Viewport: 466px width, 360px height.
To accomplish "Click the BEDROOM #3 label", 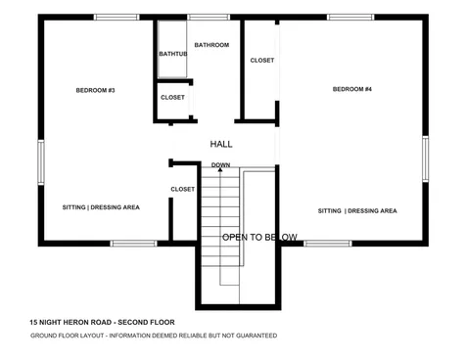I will (96, 91).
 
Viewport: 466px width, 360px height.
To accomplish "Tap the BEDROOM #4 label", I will (352, 90).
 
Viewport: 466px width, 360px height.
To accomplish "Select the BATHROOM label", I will (210, 45).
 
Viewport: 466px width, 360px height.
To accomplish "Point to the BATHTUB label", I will (172, 55).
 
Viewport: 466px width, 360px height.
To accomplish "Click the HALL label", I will (221, 144).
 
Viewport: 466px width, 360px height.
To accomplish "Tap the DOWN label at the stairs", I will (220, 164).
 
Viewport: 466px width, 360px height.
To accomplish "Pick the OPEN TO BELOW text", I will (259, 237).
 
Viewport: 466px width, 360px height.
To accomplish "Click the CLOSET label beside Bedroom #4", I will (262, 61).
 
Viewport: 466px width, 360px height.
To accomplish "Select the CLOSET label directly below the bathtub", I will (172, 97).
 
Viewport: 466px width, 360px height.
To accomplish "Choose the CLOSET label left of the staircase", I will (182, 189).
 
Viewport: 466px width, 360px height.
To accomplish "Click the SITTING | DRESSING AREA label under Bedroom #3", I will (101, 207).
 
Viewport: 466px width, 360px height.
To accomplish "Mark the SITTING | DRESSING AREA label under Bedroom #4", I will (357, 210).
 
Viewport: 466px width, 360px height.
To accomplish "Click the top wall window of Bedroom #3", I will (116, 17).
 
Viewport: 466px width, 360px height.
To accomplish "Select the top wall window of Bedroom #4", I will (349, 17).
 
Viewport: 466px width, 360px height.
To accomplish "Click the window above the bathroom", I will (203, 17).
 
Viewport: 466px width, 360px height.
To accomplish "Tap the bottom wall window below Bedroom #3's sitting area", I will (133, 243).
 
